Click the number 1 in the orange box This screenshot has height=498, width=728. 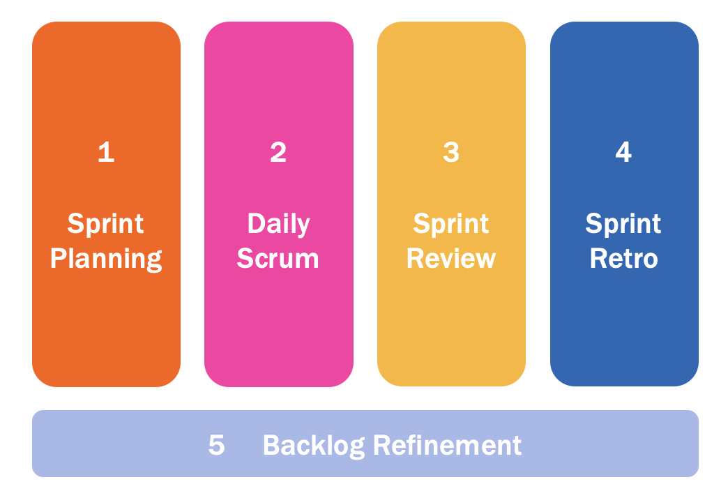(x=106, y=152)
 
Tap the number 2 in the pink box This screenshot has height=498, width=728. (x=278, y=152)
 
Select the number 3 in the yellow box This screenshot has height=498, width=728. (x=451, y=152)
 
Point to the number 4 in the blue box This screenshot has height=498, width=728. (x=623, y=152)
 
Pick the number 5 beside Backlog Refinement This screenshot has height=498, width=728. (x=217, y=445)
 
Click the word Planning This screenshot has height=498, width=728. (x=106, y=259)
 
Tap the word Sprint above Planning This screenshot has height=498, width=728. (x=106, y=225)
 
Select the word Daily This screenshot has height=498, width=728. (x=278, y=225)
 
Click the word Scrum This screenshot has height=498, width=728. (x=278, y=259)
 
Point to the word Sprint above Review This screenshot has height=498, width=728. (x=451, y=225)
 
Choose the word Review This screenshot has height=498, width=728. (x=451, y=259)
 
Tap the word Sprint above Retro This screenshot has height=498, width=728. (x=623, y=225)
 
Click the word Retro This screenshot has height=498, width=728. (x=623, y=259)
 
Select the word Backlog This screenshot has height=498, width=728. (x=313, y=445)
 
